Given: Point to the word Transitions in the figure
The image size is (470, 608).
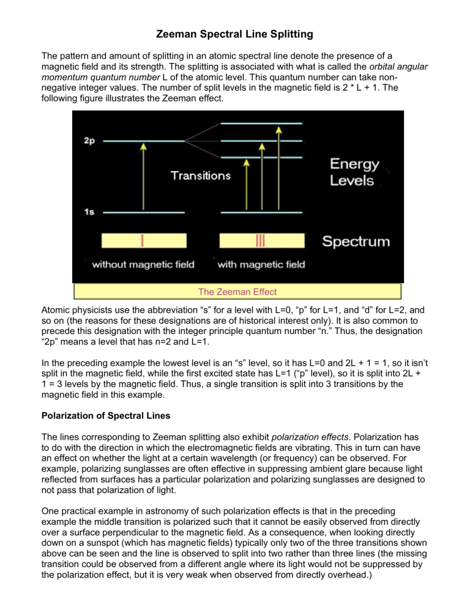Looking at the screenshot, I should (x=200, y=176).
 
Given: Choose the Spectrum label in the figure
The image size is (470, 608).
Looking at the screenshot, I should (x=356, y=241).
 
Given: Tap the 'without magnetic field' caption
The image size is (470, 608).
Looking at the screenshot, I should (x=143, y=265).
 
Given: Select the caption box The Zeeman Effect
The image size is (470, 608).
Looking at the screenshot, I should (x=237, y=291).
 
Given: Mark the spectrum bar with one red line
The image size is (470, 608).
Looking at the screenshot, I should (x=143, y=241).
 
